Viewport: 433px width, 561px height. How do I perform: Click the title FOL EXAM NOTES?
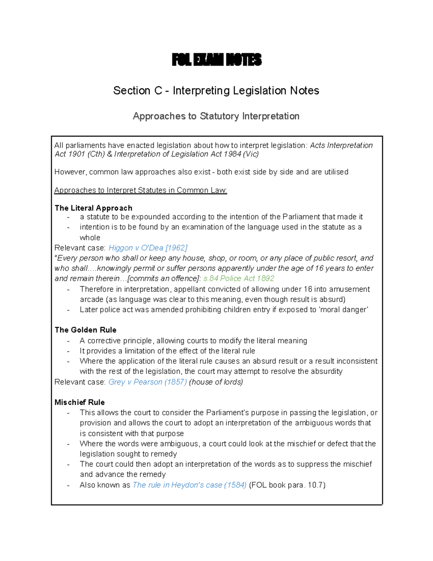(216, 60)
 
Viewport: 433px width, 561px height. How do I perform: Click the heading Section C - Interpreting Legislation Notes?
(216, 90)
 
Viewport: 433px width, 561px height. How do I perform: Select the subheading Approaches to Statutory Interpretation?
(216, 116)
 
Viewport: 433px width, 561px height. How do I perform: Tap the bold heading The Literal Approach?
(93, 208)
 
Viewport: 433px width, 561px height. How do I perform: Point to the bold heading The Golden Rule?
(86, 330)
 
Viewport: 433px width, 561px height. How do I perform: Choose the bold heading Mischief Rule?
(80, 402)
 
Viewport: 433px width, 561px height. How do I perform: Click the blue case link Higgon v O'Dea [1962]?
(148, 248)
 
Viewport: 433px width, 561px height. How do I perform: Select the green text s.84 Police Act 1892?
(239, 279)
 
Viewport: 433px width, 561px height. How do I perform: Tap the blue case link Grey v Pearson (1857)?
(148, 382)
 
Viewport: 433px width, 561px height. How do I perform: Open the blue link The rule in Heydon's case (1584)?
(190, 485)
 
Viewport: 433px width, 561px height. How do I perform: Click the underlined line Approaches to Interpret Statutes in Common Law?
(140, 190)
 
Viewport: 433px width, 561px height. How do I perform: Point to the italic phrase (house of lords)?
(216, 382)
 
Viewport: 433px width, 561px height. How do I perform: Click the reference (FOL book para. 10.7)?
(287, 485)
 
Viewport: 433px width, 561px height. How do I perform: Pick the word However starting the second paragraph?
(70, 172)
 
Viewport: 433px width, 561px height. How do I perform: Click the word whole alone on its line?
(90, 238)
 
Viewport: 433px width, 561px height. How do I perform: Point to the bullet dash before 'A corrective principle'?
(68, 341)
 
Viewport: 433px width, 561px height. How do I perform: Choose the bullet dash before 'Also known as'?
(68, 485)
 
